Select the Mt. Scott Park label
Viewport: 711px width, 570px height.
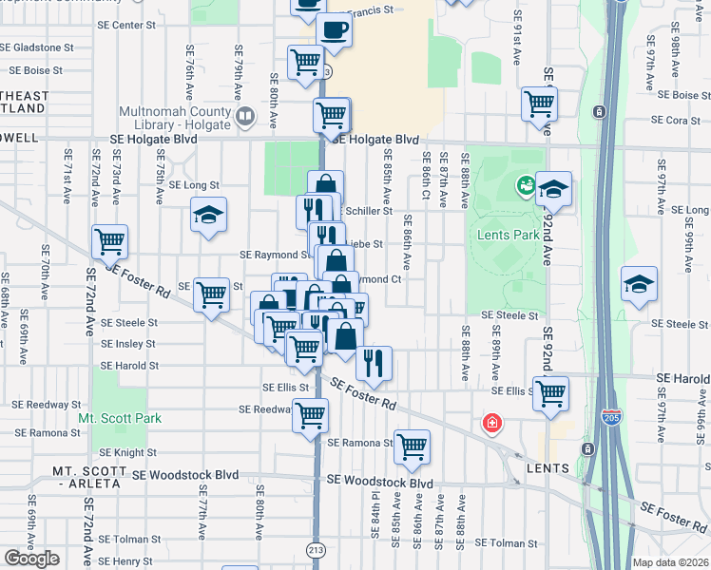click(120, 418)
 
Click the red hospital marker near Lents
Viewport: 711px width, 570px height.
click(491, 422)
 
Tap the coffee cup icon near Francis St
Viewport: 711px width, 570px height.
click(334, 30)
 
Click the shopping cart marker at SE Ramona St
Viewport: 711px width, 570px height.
click(412, 446)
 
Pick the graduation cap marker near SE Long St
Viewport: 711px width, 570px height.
click(209, 216)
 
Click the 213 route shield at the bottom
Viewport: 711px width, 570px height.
click(316, 548)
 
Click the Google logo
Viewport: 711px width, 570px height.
click(31, 559)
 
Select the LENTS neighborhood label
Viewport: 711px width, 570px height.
click(549, 468)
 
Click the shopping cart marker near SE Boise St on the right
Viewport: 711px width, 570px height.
click(540, 104)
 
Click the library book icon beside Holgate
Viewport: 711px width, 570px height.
click(245, 118)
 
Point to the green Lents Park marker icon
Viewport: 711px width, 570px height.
click(524, 183)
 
